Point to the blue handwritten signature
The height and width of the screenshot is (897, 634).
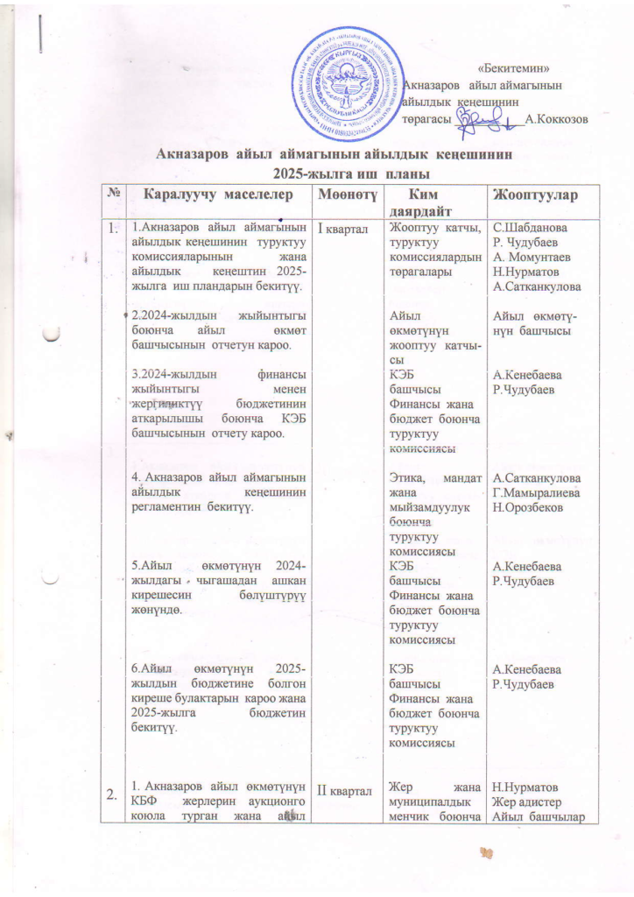486,119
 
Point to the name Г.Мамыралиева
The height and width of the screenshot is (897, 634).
538,493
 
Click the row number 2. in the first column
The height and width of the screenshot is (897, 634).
112,795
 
